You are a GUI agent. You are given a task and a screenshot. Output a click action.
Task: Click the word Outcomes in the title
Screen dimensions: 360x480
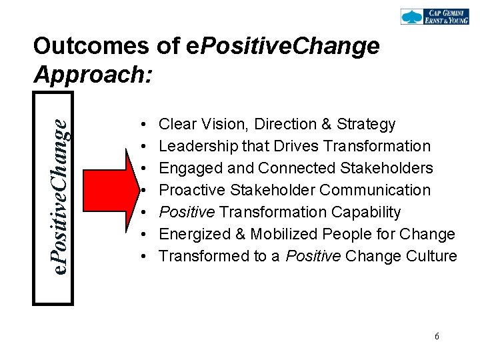point(91,46)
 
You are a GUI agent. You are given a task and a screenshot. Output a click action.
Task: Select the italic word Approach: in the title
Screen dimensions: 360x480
point(93,74)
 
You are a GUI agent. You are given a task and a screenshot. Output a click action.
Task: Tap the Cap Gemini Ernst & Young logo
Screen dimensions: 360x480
point(434,17)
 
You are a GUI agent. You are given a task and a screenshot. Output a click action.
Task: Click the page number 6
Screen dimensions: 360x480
point(437,337)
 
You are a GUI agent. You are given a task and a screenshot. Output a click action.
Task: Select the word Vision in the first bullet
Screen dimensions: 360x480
point(215,124)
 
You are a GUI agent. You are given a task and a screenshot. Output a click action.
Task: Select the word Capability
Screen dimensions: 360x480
point(365,212)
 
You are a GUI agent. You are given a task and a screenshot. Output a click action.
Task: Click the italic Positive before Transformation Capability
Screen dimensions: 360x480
point(187,212)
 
